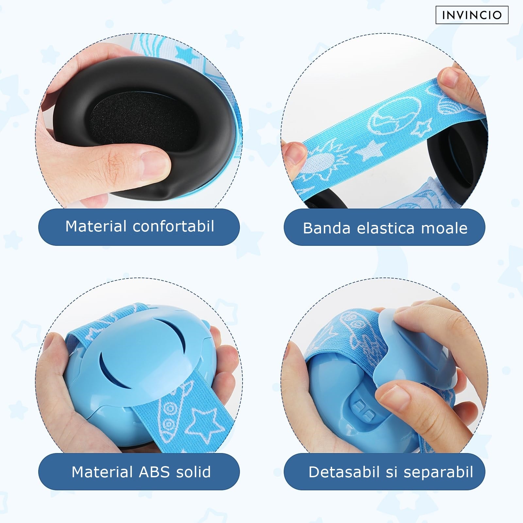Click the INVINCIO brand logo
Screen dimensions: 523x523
pos(472,15)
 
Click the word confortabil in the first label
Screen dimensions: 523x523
pos(174,226)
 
